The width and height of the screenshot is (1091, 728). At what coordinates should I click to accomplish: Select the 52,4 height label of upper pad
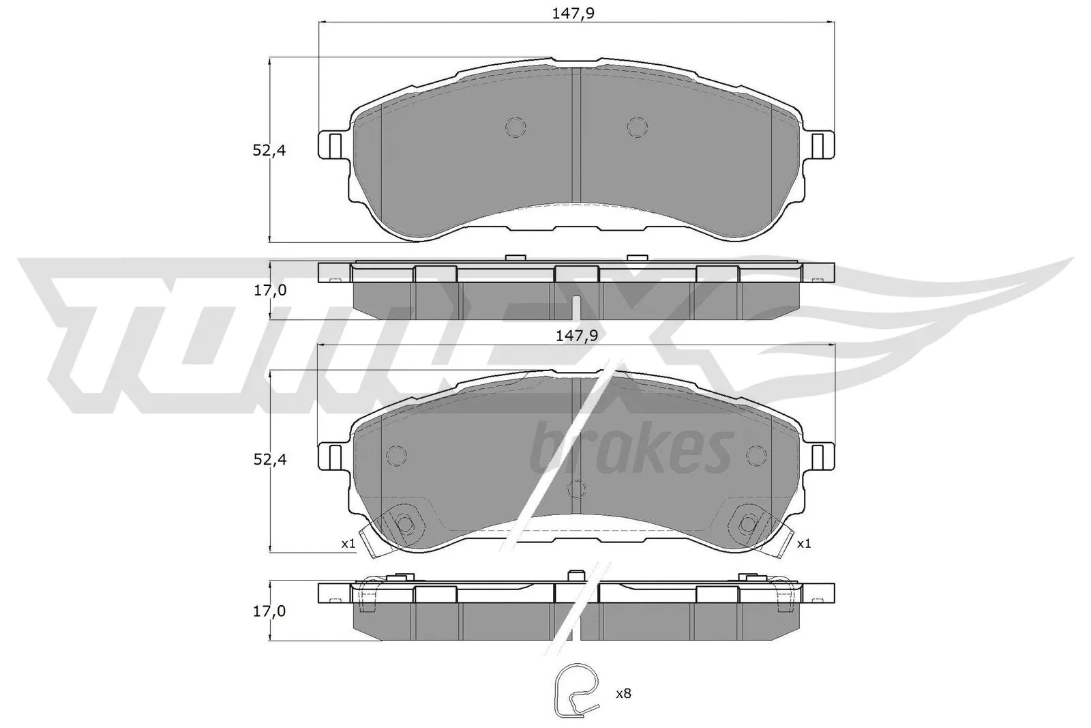[269, 151]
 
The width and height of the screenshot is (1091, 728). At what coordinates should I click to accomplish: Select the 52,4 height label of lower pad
[269, 460]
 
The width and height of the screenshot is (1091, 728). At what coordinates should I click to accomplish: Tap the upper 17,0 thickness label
[270, 290]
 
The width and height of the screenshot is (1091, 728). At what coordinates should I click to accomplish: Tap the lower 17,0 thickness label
[270, 611]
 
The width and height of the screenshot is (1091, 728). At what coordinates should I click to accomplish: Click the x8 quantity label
[623, 694]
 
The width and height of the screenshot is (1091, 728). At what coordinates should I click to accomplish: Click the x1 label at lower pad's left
[348, 544]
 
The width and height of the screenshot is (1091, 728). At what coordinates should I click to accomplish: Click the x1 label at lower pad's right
[803, 544]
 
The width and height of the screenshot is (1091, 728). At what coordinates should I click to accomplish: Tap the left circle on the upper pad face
[515, 127]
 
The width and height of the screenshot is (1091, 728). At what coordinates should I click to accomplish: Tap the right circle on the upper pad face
[637, 127]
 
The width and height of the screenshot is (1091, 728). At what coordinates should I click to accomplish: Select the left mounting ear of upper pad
[333, 144]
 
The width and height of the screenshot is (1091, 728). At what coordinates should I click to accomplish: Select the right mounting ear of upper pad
[820, 144]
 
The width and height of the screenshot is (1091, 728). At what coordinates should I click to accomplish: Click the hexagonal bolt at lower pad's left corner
[405, 524]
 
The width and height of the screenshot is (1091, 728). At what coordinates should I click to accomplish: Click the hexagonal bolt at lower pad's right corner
[749, 524]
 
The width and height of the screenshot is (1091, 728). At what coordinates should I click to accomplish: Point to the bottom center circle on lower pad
[577, 489]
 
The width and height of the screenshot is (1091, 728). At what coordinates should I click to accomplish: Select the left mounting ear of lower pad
[333, 456]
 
